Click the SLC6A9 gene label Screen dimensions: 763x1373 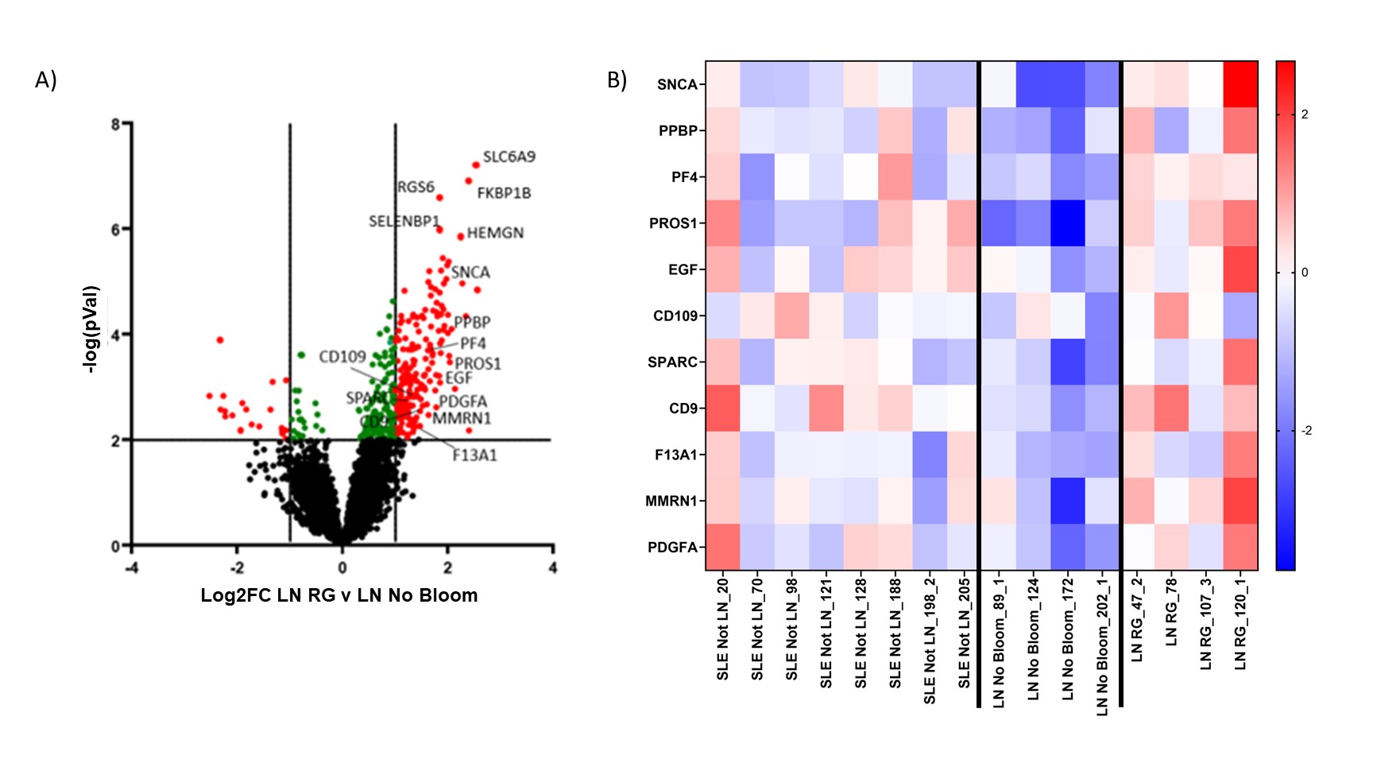pos(509,157)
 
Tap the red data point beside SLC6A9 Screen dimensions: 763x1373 pos(476,165)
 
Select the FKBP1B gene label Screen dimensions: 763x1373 pos(504,193)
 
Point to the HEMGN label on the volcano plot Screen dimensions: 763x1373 pos(495,233)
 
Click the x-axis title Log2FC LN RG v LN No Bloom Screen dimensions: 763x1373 pos(339,595)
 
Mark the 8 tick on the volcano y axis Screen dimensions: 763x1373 pos(116,124)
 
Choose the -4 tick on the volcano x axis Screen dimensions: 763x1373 pos(132,567)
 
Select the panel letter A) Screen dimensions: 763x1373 pos(46,79)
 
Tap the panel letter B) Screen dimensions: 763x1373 pos(617,79)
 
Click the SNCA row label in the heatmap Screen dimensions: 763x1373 pos(676,84)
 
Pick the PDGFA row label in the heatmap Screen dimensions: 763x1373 pos(672,547)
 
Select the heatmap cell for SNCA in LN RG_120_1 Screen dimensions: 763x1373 pos(1240,84)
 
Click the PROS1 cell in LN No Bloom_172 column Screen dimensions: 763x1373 pos(1067,223)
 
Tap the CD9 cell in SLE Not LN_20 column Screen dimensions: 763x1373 pos(723,409)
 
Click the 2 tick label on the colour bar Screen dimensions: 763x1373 pos(1305,114)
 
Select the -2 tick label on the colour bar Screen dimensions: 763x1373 pos(1306,431)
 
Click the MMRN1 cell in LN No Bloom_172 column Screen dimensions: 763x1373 pos(1067,501)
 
